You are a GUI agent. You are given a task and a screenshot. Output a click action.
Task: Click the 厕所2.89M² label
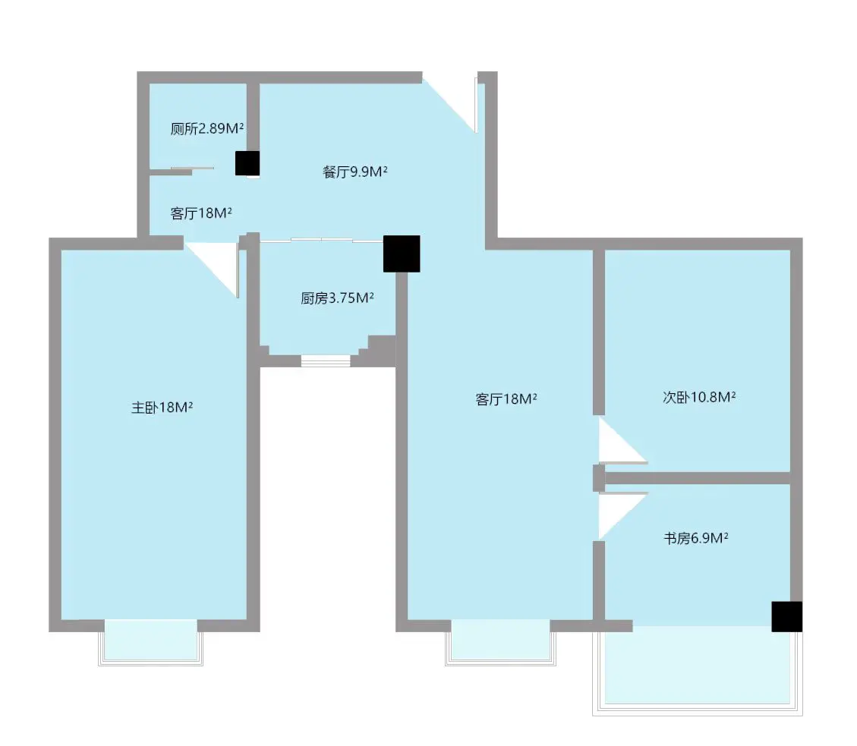pyautogui.click(x=206, y=128)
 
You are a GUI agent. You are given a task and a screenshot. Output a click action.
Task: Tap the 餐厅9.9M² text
pyautogui.click(x=354, y=172)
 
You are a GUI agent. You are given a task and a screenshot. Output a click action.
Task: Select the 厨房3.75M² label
pyautogui.click(x=337, y=297)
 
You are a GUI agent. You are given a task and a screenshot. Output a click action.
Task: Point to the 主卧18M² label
pyautogui.click(x=162, y=408)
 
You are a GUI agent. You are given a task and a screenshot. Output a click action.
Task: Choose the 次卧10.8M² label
pyautogui.click(x=699, y=397)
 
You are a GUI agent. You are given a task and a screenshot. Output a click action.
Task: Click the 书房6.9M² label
pyautogui.click(x=696, y=538)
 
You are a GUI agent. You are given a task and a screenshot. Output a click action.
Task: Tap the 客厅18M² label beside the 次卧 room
pyautogui.click(x=506, y=399)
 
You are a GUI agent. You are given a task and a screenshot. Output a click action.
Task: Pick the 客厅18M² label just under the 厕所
pyautogui.click(x=201, y=213)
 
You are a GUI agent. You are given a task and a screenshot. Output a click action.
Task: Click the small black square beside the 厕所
pyautogui.click(x=247, y=163)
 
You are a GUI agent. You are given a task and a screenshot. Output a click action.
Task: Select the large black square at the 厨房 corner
pyautogui.click(x=402, y=253)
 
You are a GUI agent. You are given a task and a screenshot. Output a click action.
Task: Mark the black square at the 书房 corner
pyautogui.click(x=787, y=616)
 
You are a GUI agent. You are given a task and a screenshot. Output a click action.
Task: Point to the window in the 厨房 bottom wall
pyautogui.click(x=326, y=360)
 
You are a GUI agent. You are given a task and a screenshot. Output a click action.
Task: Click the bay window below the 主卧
pyautogui.click(x=151, y=642)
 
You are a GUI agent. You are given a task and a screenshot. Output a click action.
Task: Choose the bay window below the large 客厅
pyautogui.click(x=501, y=642)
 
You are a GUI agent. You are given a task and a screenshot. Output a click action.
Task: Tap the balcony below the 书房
pyautogui.click(x=698, y=669)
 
